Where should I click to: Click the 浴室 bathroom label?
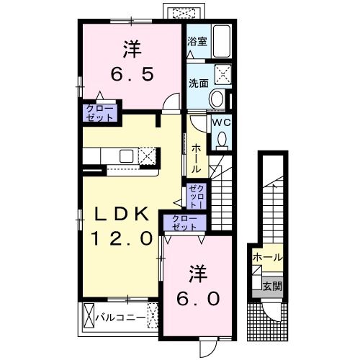tap(197, 41)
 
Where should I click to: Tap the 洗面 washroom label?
tap(197, 83)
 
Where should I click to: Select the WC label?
tap(220, 122)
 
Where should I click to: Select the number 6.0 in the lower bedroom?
tap(195, 297)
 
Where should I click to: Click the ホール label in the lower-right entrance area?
tap(267, 256)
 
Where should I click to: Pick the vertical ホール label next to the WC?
tap(196, 156)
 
